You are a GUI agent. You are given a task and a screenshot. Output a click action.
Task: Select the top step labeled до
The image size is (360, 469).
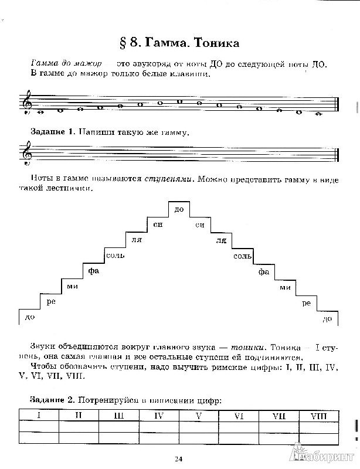click(179, 209)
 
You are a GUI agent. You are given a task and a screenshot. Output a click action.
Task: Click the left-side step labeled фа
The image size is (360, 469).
click(92, 271)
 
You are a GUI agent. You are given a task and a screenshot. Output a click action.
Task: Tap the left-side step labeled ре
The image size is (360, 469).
click(51, 302)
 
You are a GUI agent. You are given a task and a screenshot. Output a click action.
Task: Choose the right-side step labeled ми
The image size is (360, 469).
click(285, 287)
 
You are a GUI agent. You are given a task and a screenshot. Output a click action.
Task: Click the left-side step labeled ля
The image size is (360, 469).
click(135, 240)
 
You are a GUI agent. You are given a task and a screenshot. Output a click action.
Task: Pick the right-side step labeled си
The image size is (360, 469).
click(201, 225)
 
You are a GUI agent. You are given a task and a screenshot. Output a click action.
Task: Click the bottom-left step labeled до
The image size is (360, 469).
click(26, 318)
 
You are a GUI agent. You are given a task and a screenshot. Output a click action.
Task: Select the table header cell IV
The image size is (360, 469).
click(158, 416)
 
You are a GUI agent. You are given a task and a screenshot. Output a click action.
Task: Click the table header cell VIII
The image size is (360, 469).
click(317, 416)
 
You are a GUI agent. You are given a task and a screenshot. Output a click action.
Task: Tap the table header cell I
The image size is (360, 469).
click(39, 416)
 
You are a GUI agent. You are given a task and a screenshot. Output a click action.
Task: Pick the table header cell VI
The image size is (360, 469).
click(239, 416)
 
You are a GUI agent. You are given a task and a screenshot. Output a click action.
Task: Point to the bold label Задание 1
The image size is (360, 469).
click(51, 132)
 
